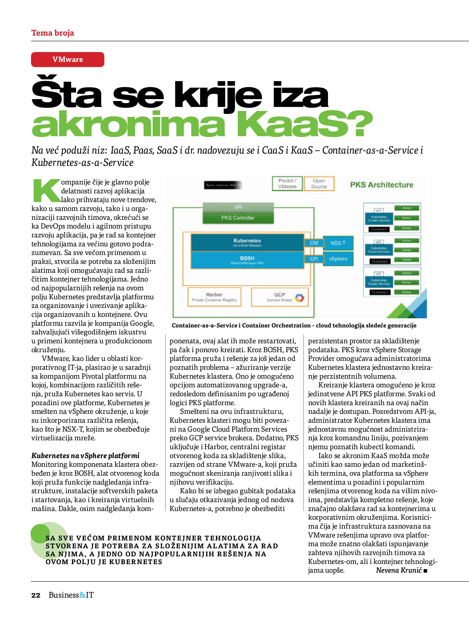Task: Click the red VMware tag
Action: (x=68, y=59)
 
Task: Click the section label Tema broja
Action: (x=53, y=33)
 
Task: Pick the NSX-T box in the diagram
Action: (x=338, y=243)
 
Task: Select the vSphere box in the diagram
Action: (x=338, y=259)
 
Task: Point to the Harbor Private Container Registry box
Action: (x=214, y=297)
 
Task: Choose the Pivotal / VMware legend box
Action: (x=287, y=184)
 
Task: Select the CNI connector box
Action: (x=314, y=243)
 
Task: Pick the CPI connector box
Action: (x=314, y=259)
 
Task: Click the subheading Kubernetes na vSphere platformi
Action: (x=85, y=456)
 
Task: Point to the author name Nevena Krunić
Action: (x=398, y=570)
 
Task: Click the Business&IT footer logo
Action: (x=71, y=595)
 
